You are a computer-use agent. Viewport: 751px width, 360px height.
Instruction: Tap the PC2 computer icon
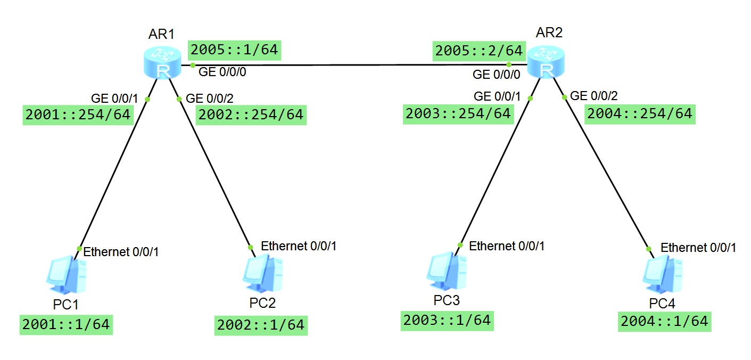(262, 274)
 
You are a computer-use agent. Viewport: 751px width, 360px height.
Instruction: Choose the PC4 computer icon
(663, 274)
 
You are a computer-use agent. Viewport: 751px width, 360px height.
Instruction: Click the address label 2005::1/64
(234, 50)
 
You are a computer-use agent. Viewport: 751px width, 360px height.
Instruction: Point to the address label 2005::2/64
(478, 51)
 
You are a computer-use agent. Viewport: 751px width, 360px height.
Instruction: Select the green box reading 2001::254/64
(78, 114)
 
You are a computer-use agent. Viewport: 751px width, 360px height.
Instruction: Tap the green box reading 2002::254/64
(251, 114)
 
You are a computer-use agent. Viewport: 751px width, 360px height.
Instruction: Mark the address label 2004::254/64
(640, 113)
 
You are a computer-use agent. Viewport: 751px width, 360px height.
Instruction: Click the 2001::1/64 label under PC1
(67, 324)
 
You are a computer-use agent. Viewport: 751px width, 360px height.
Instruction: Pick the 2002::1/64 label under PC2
(261, 325)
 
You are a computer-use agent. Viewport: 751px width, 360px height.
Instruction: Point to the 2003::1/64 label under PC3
(447, 321)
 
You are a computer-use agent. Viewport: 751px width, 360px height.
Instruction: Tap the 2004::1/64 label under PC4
(665, 321)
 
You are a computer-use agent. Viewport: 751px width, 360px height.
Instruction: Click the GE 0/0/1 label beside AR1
(114, 98)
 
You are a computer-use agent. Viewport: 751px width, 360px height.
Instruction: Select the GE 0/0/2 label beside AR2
(594, 96)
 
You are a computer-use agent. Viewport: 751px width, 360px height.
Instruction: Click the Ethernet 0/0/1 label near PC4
(698, 248)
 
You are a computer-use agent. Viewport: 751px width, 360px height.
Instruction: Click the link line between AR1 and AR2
(351, 65)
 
